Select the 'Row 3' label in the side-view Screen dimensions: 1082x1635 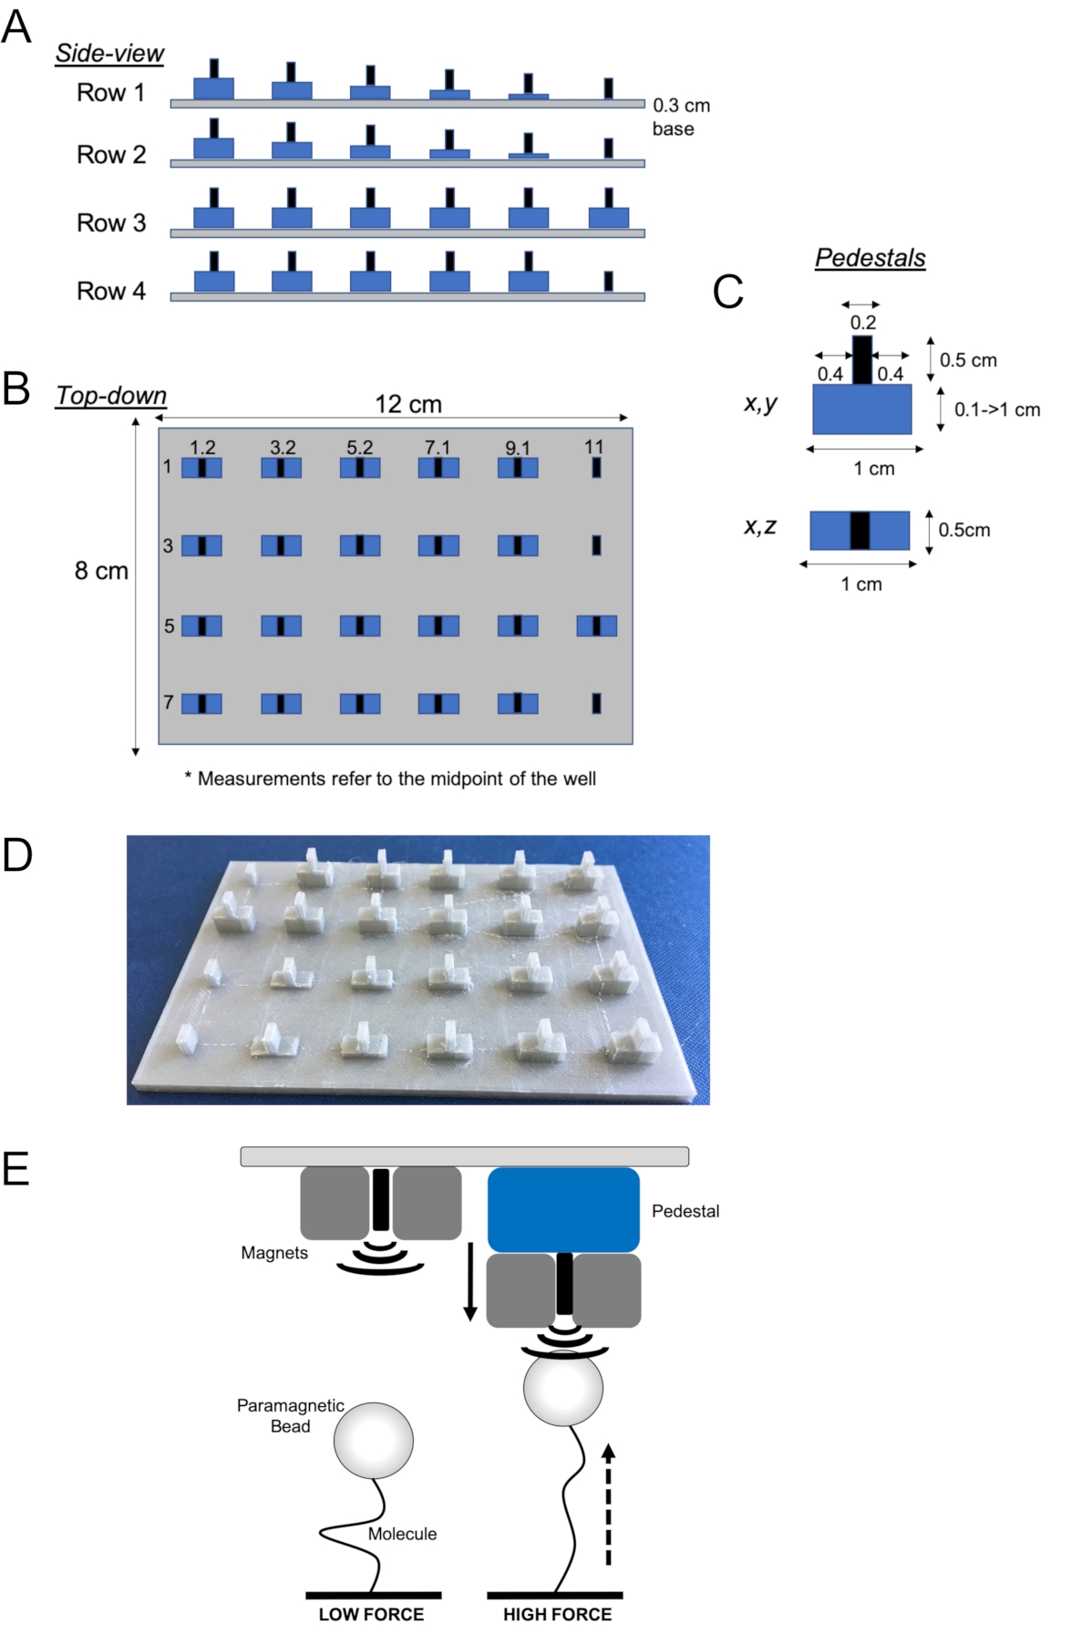click(x=111, y=222)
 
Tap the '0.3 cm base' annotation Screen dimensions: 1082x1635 click(x=681, y=117)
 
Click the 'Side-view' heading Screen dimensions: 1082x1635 click(x=109, y=54)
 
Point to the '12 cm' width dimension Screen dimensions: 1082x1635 click(x=408, y=404)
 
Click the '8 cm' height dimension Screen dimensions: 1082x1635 click(x=101, y=571)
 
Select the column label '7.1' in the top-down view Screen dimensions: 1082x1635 click(x=438, y=447)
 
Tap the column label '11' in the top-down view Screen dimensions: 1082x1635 click(x=594, y=447)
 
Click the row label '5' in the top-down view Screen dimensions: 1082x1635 click(x=169, y=626)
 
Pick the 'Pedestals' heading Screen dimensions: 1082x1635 click(x=871, y=258)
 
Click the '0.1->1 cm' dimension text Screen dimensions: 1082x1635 click(x=997, y=409)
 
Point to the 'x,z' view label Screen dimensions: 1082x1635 click(x=760, y=526)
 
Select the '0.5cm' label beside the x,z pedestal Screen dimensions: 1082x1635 click(x=964, y=530)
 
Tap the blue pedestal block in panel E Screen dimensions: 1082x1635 click(x=563, y=1210)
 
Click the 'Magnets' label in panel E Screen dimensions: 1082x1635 click(x=274, y=1253)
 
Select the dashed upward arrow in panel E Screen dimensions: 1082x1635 click(x=609, y=1504)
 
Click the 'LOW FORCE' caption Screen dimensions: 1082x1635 click(x=371, y=1614)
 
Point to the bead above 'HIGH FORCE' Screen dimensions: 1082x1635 click(x=563, y=1387)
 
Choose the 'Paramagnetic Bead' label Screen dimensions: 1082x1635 click(x=291, y=1415)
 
